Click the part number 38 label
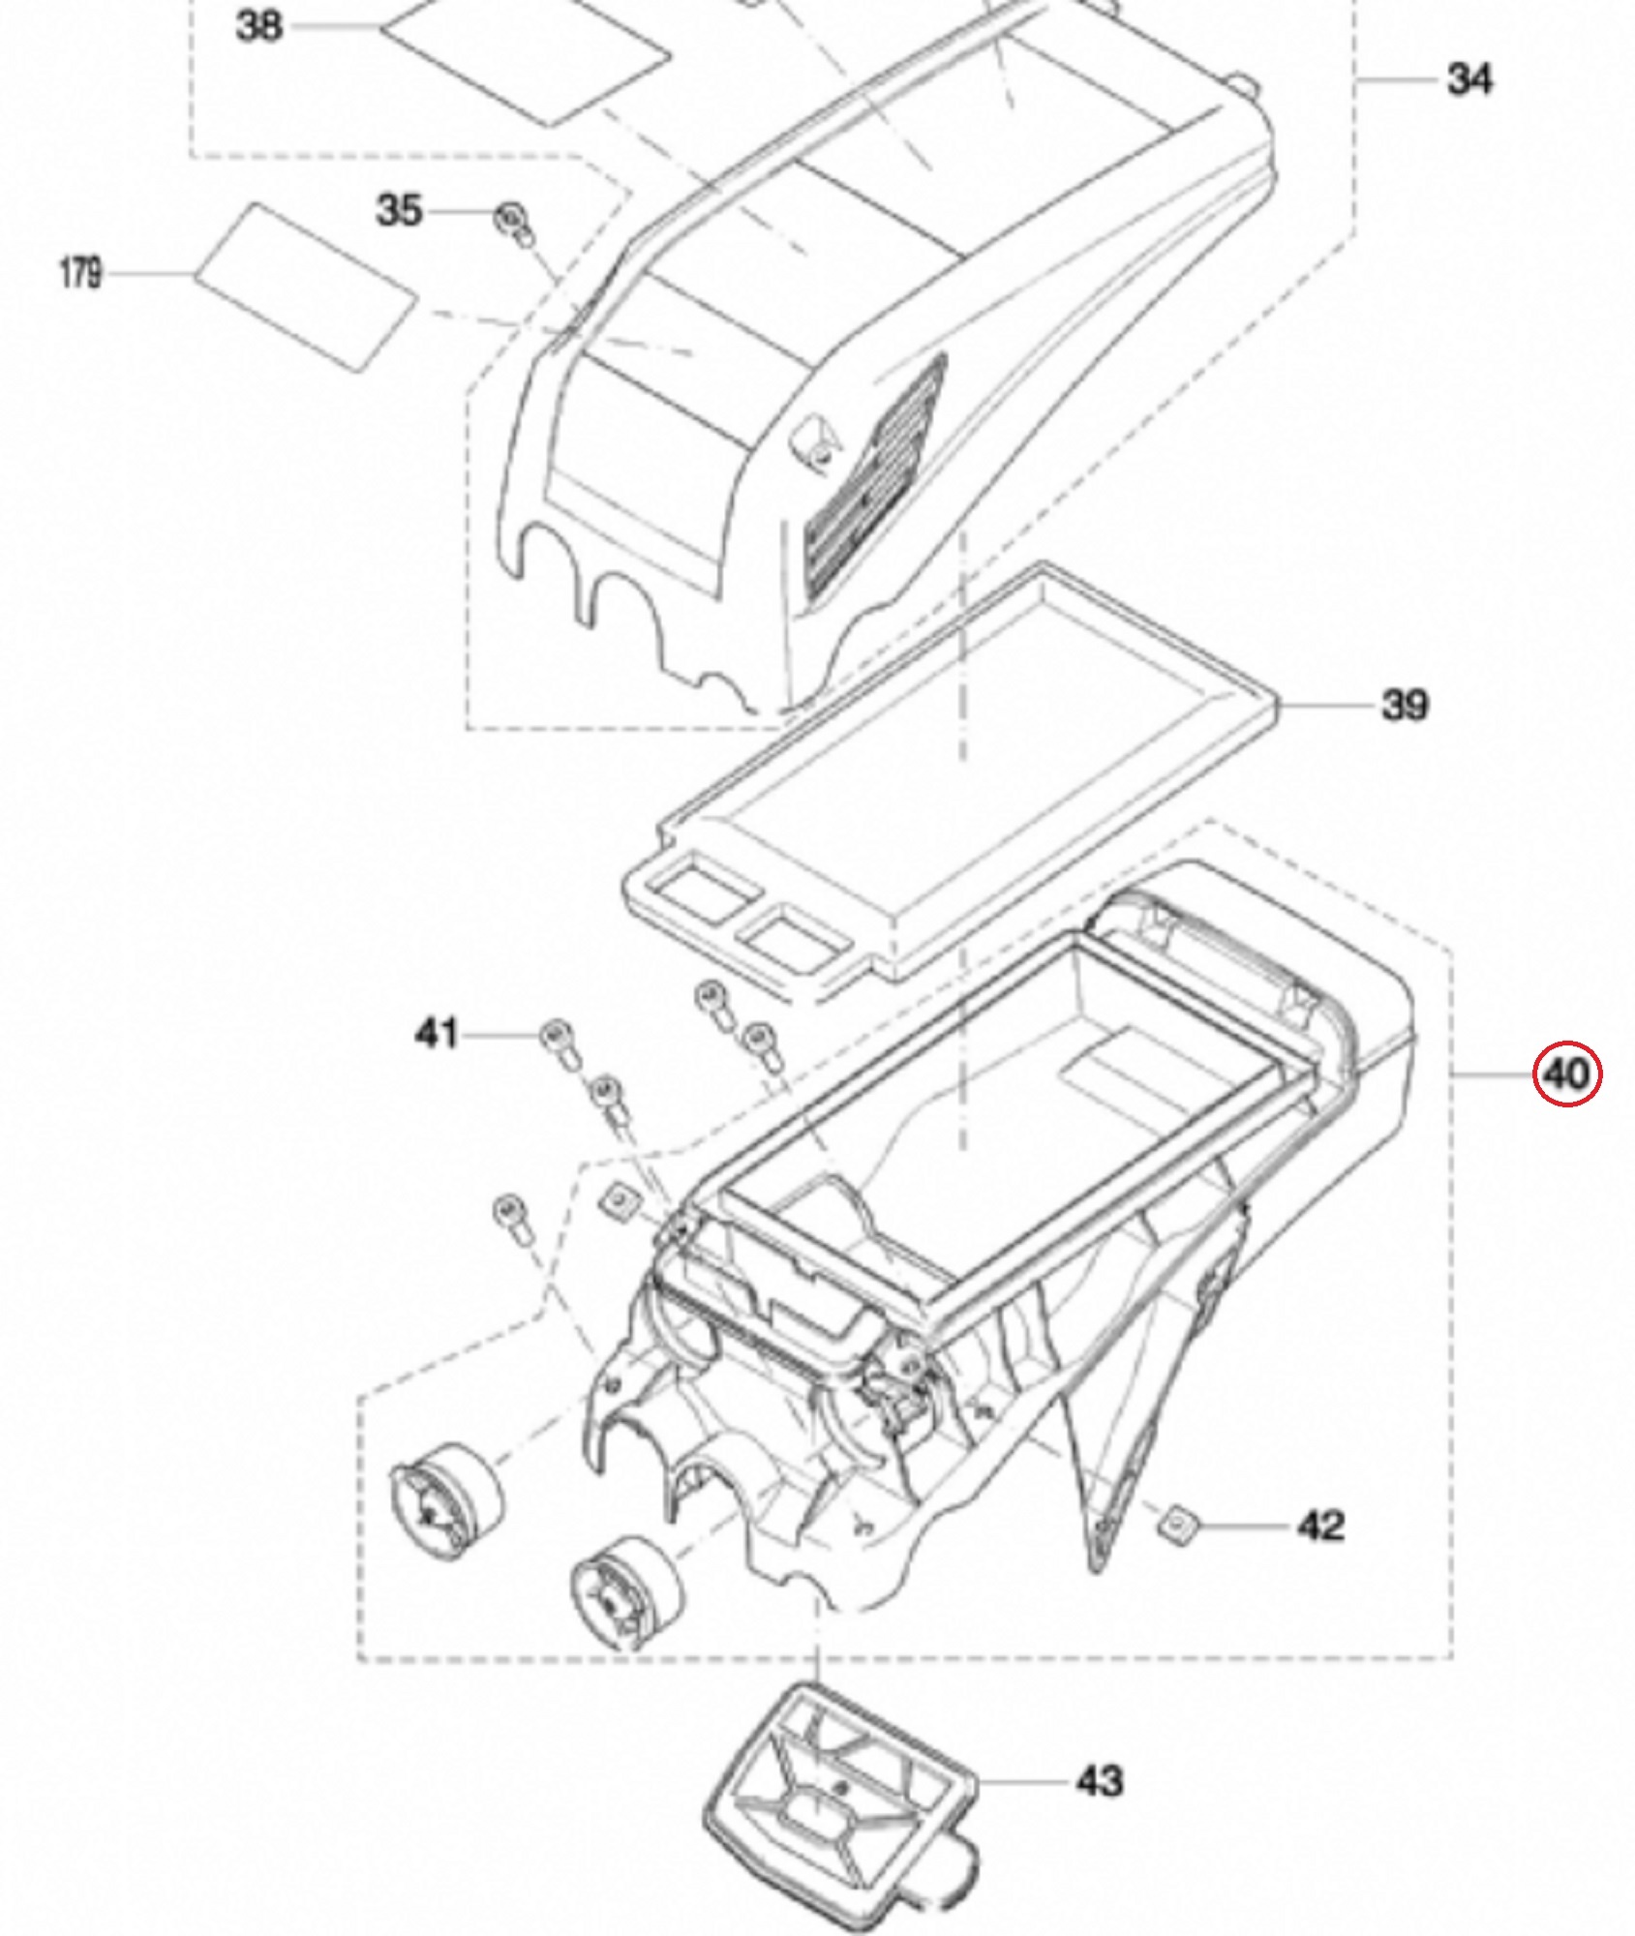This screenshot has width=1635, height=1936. point(258,26)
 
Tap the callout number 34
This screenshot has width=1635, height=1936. point(1469,79)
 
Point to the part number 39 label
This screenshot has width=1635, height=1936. point(1405,705)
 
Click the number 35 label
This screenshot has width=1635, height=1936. point(399,210)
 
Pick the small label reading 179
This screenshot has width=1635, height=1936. point(80,273)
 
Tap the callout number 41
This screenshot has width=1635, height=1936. point(436,1034)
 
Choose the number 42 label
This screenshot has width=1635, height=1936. point(1320,1527)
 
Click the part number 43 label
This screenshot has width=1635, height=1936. point(1100,1781)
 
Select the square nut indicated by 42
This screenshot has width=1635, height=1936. point(1177,1528)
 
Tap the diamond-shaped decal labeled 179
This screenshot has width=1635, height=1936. point(307,286)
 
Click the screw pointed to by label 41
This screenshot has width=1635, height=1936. point(559,1040)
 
